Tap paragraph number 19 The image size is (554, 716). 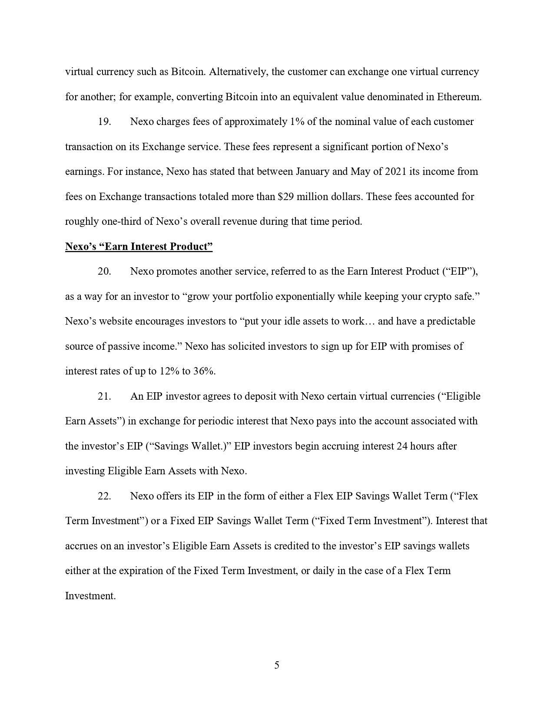[x=104, y=122]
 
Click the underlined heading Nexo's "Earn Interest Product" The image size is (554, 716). [x=139, y=246]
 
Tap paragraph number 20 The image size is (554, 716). [x=104, y=271]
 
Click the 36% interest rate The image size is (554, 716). [x=204, y=371]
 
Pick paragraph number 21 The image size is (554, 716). [x=104, y=396]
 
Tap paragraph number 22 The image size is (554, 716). [x=104, y=496]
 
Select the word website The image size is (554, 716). [x=116, y=321]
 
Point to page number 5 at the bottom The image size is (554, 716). [x=277, y=665]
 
